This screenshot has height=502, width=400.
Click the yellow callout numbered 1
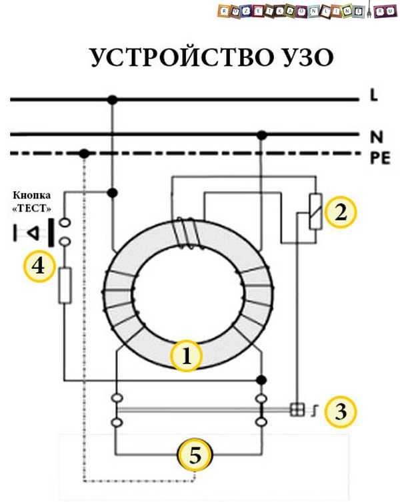point(187,356)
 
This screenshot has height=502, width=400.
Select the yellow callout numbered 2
point(341,212)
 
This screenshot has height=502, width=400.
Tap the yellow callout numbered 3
point(341,411)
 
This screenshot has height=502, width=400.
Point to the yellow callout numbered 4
point(39,266)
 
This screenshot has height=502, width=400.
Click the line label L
point(374,97)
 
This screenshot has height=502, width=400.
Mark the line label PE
point(378,157)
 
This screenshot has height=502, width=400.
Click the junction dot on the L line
point(112,100)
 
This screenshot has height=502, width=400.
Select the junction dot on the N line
point(262,135)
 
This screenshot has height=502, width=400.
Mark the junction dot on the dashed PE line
point(84,154)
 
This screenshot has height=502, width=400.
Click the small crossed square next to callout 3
point(297,410)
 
